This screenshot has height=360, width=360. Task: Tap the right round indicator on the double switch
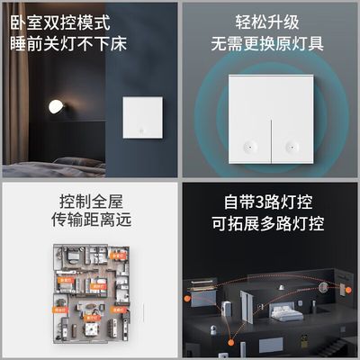[x=290, y=145]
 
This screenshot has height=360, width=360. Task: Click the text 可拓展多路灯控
[x=267, y=223]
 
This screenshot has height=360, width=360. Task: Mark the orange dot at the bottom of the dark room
[x=268, y=346]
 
